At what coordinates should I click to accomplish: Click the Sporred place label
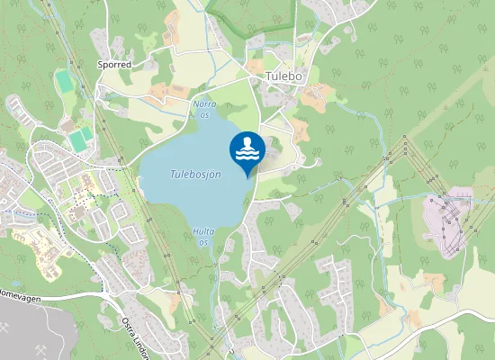point(114,66)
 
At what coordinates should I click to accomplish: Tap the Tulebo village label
point(285,76)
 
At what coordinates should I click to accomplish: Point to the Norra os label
point(204,109)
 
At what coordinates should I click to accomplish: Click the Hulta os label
point(203,237)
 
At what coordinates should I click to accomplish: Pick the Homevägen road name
point(18,293)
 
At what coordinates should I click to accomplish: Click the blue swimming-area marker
point(247,150)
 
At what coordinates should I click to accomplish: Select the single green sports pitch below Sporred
point(64,81)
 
